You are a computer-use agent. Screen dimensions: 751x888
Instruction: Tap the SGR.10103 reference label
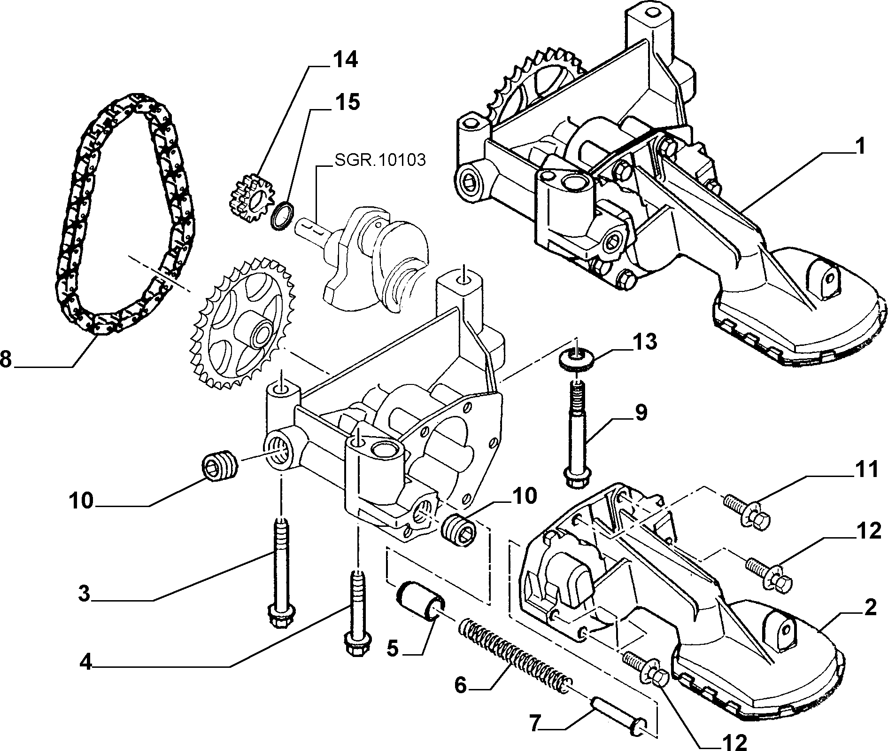click(380, 160)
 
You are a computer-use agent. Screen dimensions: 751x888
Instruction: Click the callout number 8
click(5, 360)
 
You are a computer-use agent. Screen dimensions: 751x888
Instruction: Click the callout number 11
click(864, 469)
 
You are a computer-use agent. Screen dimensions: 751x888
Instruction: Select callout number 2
click(870, 609)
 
